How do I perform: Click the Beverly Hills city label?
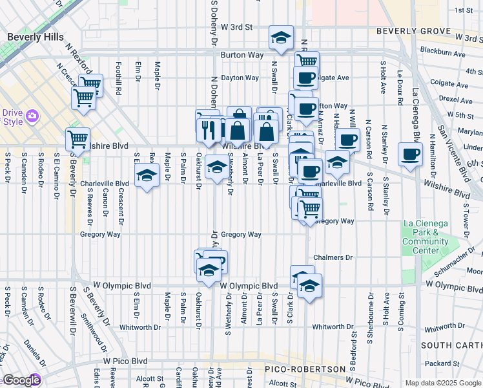point(36,37)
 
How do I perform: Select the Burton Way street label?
point(240,56)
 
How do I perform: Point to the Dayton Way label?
point(240,78)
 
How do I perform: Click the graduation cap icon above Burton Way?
point(281,38)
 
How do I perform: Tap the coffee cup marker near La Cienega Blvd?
point(409,154)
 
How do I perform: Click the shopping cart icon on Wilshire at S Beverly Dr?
point(77,139)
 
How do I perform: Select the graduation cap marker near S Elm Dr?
point(147,175)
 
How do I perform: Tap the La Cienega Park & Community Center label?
point(425,237)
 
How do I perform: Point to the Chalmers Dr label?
point(334,257)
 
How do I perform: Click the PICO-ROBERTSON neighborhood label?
point(305,369)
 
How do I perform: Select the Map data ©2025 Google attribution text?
point(442,383)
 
